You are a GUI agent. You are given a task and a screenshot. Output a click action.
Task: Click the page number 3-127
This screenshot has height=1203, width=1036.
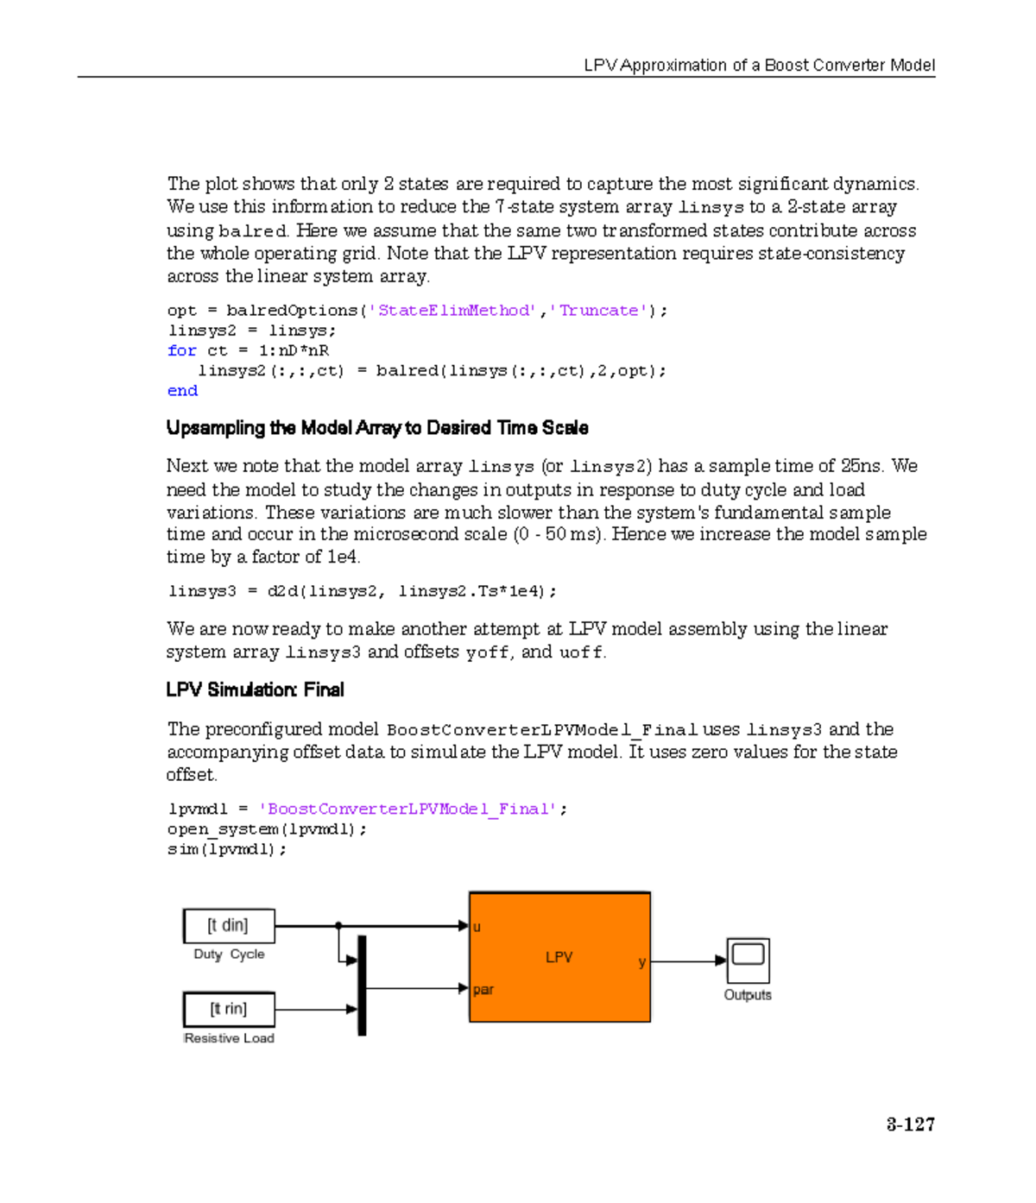tap(910, 1124)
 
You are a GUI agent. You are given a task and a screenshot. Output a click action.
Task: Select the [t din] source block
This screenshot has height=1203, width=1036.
tap(229, 926)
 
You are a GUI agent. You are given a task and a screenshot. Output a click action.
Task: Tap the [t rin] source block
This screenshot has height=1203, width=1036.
tap(229, 1009)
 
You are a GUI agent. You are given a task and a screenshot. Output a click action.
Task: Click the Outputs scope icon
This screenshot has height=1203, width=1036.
tap(748, 960)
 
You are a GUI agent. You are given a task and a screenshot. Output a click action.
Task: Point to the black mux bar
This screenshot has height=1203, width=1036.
tap(362, 985)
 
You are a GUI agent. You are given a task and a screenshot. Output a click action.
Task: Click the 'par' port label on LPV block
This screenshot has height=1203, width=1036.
tap(483, 990)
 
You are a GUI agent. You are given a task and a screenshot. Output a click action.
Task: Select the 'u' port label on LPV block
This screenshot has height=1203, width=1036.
tap(477, 928)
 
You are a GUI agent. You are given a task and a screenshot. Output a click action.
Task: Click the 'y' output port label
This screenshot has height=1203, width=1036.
tap(641, 962)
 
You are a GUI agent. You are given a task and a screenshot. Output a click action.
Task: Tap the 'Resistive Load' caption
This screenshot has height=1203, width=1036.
tap(229, 1038)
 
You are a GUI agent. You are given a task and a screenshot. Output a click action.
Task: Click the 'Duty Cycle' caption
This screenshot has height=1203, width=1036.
tap(229, 954)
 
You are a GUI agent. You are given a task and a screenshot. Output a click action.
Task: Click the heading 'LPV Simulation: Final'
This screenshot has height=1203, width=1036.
tap(255, 690)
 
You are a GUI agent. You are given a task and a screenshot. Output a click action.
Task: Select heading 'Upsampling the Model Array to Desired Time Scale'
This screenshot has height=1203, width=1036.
tap(377, 428)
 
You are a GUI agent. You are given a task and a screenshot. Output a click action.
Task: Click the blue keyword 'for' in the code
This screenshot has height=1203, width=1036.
tap(181, 350)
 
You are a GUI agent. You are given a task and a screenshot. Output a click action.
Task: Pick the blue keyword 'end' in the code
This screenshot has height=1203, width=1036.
tap(182, 391)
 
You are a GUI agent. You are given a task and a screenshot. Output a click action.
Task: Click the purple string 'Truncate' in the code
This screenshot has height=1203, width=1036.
tap(598, 311)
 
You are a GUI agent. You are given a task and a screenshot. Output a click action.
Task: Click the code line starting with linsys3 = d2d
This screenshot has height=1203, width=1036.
tap(362, 591)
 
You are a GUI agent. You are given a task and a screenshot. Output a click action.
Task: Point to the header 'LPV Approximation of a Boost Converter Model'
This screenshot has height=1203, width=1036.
tap(759, 66)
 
